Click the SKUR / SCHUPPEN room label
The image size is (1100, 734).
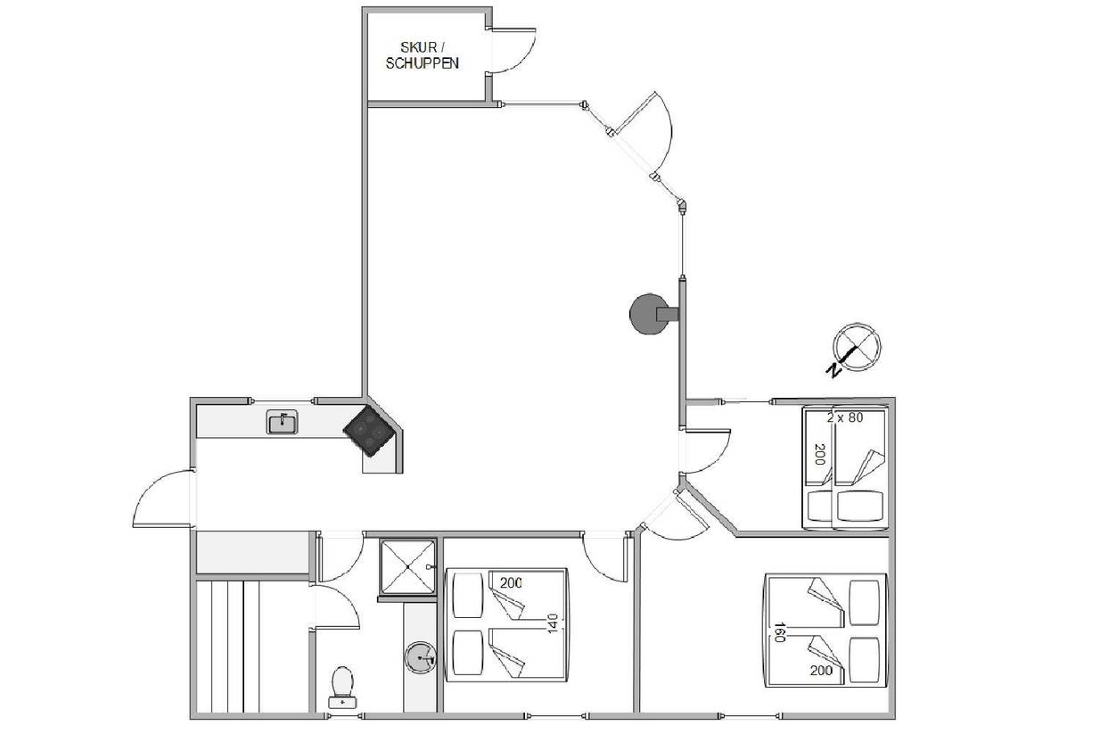pos(423,55)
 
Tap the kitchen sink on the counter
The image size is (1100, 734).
pos(282,422)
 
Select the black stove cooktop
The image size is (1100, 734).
pos(369,431)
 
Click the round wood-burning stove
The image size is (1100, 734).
pos(653,314)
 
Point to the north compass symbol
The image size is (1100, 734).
pos(857,347)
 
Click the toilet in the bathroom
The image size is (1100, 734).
pos(342,688)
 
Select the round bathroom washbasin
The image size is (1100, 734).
pos(421,657)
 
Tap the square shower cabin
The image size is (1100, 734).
pos(407,567)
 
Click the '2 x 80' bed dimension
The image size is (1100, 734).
pos(845,417)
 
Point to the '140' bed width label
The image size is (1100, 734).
pos(553,623)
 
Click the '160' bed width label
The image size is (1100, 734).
pos(779,632)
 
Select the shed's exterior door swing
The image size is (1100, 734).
pos(513,51)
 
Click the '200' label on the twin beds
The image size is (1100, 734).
pos(819,455)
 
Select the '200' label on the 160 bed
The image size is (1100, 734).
pos(821,670)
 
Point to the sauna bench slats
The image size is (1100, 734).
pos(228,646)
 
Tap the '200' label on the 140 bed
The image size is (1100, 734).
pos(511,582)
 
